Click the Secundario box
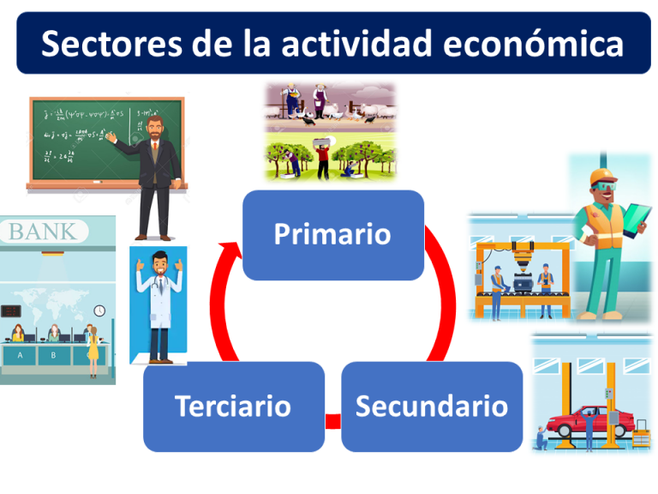[x=431, y=407]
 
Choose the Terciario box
[x=233, y=407]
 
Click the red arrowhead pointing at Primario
[x=230, y=251]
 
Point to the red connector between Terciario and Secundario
[x=332, y=421]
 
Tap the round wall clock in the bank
[x=99, y=310]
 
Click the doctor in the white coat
[x=159, y=304]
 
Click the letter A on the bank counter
[x=20, y=353]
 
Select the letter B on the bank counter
[x=53, y=353]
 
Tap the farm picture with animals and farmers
[x=330, y=105]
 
